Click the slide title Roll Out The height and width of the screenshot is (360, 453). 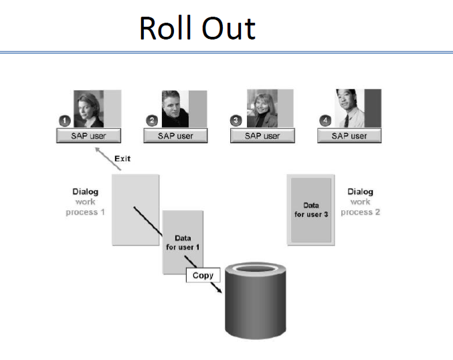coord(197,28)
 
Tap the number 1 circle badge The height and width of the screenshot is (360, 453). coord(65,120)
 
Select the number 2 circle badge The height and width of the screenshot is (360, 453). coord(152,120)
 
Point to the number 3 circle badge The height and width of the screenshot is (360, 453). coord(236,120)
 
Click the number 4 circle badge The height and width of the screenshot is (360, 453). coord(325,120)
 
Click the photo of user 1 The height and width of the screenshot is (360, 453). coord(88,108)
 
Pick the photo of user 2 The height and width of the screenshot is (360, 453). coord(175,108)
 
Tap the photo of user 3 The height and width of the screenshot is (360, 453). coord(262,108)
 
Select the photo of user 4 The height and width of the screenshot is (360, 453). coord(349,108)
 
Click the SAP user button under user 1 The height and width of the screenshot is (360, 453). coord(88,136)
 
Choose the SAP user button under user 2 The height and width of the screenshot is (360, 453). coord(175,136)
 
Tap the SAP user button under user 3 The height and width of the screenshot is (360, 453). coord(262,136)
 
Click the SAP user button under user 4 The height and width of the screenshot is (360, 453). coord(349,136)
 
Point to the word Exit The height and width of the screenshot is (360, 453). coord(122,159)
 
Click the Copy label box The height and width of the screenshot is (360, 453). coord(203,275)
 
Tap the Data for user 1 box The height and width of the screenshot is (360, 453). coord(183,242)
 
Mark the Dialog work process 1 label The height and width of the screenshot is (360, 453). coord(85,201)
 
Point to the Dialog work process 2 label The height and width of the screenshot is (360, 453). coord(360,201)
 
